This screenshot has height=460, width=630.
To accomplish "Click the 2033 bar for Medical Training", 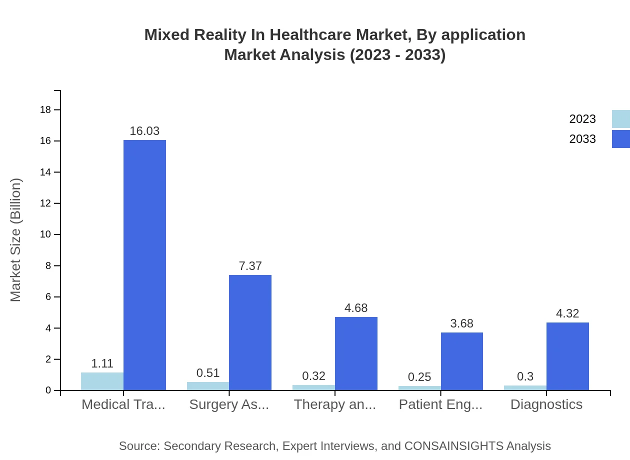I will [x=144, y=265].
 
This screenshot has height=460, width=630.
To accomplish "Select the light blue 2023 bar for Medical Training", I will [x=102, y=381].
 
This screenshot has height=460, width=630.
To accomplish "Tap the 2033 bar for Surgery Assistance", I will [x=250, y=332].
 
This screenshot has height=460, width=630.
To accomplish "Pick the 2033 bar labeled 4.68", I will [x=356, y=353].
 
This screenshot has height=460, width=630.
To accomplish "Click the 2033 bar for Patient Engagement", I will [x=461, y=361].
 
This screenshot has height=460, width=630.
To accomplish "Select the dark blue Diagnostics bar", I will [x=567, y=356].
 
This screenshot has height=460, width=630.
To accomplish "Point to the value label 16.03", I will [x=144, y=131].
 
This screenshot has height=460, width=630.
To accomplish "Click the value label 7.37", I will [x=250, y=266].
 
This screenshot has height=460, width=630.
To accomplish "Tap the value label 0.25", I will [x=419, y=377].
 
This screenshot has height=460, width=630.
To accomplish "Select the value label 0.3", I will [x=525, y=376].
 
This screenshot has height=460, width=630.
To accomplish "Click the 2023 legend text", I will [x=582, y=119].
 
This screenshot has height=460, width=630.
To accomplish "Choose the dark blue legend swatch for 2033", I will [x=620, y=139].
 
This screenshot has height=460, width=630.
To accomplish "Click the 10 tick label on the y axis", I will [x=45, y=234].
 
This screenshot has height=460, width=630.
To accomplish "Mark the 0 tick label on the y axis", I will [x=48, y=390].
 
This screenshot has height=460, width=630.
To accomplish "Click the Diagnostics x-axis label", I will [x=546, y=404].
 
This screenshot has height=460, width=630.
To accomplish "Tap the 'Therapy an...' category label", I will [x=334, y=404].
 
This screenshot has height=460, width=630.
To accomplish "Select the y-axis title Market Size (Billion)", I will [x=15, y=240].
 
